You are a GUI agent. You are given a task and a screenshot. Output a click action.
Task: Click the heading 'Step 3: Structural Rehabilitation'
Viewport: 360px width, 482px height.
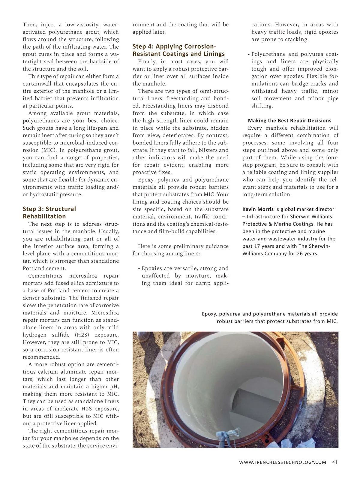(x=49, y=212)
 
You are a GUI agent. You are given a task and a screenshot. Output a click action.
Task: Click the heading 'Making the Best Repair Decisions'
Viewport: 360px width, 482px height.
(x=289, y=121)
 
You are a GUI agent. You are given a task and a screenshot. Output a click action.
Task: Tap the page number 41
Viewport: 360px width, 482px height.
(x=335, y=462)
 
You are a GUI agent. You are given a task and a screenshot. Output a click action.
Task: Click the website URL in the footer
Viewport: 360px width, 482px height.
(x=283, y=462)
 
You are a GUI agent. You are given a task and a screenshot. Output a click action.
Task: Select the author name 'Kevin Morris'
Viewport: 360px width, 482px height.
(x=258, y=209)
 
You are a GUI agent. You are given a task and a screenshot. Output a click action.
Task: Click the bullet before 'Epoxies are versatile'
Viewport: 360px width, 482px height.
(x=139, y=269)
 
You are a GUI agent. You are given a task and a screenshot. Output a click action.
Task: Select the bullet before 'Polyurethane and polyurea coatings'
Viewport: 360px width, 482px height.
(x=249, y=55)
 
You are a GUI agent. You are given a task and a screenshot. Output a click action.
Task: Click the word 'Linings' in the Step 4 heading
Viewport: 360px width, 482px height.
(x=214, y=54)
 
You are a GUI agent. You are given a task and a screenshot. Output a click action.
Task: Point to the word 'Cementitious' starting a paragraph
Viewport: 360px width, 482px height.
(x=45, y=276)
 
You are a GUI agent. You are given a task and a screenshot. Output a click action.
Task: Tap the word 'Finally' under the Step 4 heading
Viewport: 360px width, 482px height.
(x=147, y=62)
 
